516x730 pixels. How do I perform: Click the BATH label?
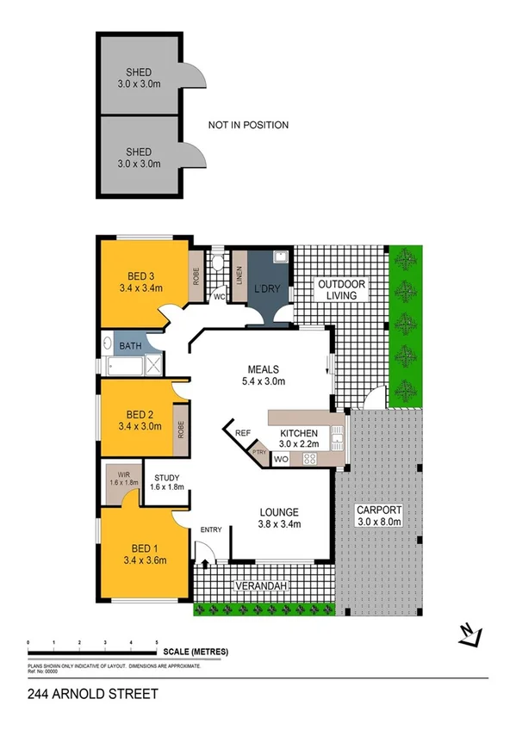coord(130,346)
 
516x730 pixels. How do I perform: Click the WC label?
coord(219,297)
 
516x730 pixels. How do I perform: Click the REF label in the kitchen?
coord(242,435)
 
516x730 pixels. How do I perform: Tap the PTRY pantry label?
coord(258,449)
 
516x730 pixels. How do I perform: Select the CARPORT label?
coord(378,510)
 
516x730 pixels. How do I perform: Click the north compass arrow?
coord(469,634)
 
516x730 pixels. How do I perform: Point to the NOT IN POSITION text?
coord(248,126)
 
